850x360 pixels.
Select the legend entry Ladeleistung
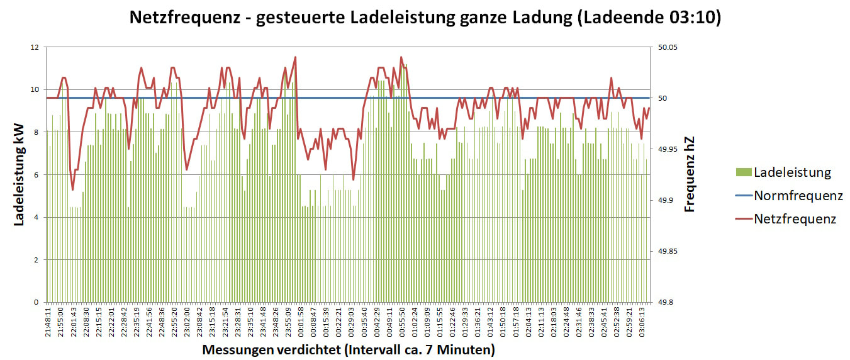click(792, 172)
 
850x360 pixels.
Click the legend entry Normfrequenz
click(798, 196)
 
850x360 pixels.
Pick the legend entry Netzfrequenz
click(795, 219)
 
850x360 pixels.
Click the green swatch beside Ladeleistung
click(744, 172)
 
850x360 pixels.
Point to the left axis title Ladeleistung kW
click(19, 174)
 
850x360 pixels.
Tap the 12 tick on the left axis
click(34, 47)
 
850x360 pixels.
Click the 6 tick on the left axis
click(36, 175)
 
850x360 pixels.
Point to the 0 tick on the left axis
click(36, 302)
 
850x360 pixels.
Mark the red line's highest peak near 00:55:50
click(401, 57)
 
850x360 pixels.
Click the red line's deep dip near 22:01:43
click(73, 189)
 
